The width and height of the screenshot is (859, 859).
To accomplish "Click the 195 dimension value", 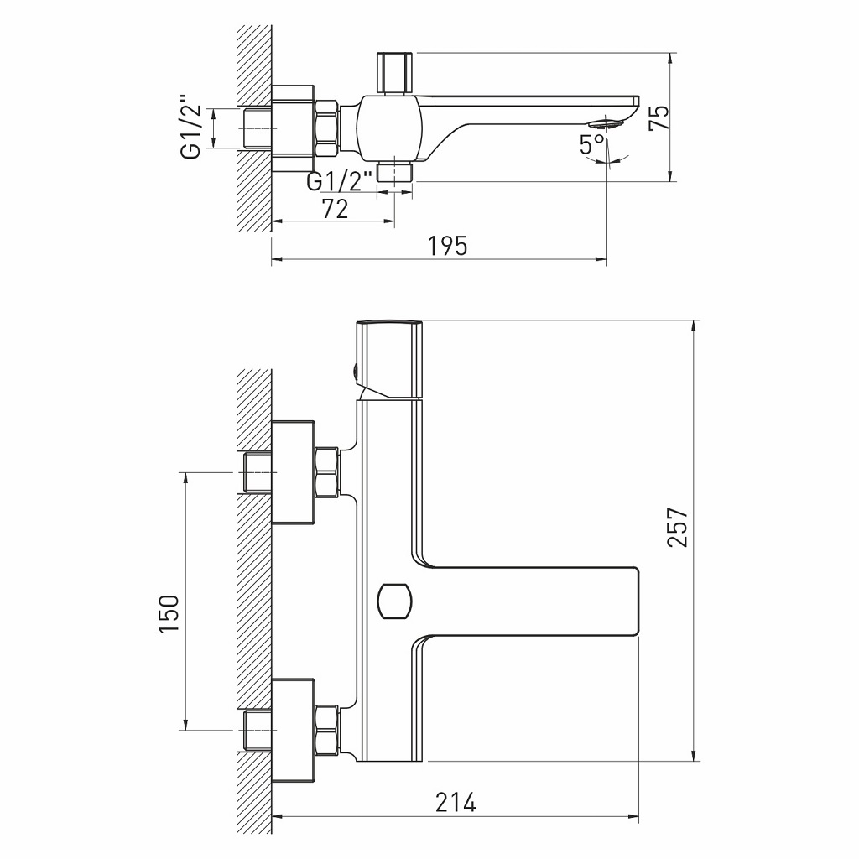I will tap(447, 246).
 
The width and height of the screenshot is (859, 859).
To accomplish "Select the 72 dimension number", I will tap(335, 209).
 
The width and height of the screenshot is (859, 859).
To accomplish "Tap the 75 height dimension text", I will tap(659, 117).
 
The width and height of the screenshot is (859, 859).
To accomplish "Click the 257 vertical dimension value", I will tap(677, 528).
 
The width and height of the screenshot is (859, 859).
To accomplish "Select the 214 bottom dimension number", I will tap(456, 802).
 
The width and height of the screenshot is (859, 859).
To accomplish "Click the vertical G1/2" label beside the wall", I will tap(191, 128).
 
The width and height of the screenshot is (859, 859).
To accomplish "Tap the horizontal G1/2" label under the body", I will tap(340, 181).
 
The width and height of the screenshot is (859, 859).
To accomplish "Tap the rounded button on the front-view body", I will tap(393, 599).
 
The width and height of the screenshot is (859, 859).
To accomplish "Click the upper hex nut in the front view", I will tap(325, 472).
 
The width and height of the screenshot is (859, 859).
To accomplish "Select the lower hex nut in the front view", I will tap(325, 728).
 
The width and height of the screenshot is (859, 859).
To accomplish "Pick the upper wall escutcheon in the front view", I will tap(293, 472).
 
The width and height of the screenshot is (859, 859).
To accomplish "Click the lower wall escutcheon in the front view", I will tap(293, 728).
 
